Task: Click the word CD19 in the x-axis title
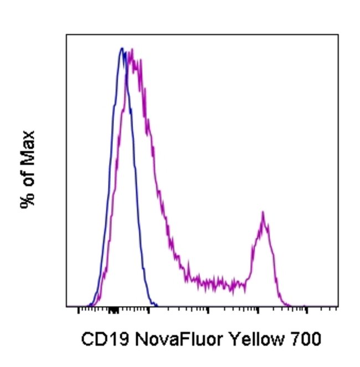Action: point(100,339)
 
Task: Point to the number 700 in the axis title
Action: point(305,339)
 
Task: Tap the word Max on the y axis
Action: point(28,147)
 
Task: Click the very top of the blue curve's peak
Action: point(122,48)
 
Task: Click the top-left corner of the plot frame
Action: point(66,34)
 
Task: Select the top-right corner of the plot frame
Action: point(338,34)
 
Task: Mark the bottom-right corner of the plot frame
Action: point(338,307)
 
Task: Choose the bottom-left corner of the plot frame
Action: point(66,307)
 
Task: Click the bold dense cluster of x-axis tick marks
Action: point(114,310)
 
